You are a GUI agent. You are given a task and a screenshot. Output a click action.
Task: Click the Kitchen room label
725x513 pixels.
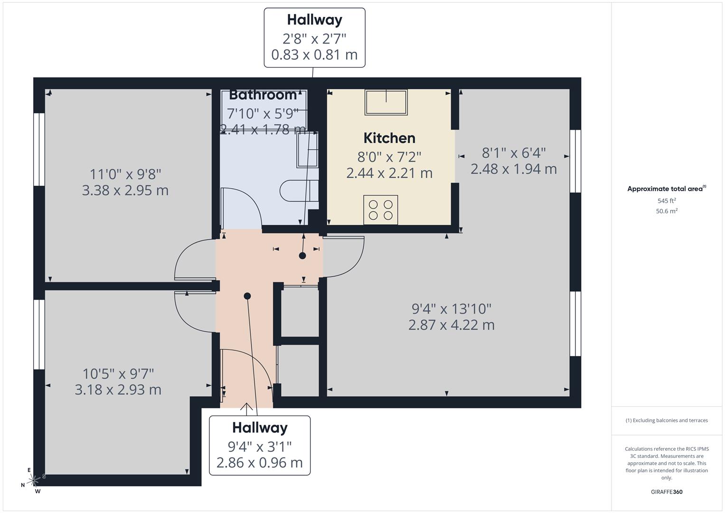(x=389, y=138)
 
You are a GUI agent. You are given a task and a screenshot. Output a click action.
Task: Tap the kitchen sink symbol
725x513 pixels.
(x=386, y=102)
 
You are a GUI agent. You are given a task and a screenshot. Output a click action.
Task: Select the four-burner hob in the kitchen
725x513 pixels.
(x=380, y=209)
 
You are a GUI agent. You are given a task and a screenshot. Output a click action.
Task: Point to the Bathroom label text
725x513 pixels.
(x=263, y=95)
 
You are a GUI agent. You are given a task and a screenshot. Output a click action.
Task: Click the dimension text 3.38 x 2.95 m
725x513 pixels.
(x=125, y=190)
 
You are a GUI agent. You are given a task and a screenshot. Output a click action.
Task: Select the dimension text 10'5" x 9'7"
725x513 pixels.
(x=118, y=374)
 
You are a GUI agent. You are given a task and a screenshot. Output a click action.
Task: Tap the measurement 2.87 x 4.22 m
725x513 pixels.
(x=451, y=325)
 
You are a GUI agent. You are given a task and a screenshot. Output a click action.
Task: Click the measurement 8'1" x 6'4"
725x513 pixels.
(x=514, y=153)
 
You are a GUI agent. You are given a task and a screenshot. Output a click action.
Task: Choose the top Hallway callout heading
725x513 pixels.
(x=314, y=20)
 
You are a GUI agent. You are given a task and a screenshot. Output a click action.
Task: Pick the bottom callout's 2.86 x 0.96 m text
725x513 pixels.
(x=259, y=463)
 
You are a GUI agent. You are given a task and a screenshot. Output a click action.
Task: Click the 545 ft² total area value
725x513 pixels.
(x=667, y=201)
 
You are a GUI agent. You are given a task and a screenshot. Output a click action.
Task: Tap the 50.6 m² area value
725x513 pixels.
(x=667, y=211)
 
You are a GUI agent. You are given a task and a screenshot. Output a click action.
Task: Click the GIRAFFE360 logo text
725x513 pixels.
(x=667, y=492)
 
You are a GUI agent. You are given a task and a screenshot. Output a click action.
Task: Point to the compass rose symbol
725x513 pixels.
(x=33, y=481)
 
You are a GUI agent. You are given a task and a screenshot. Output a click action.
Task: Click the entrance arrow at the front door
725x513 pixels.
(x=246, y=407)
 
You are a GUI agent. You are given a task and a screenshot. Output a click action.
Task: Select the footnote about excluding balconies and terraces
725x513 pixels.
(x=667, y=420)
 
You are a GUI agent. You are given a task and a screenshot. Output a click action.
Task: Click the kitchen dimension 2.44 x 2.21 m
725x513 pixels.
(x=389, y=173)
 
